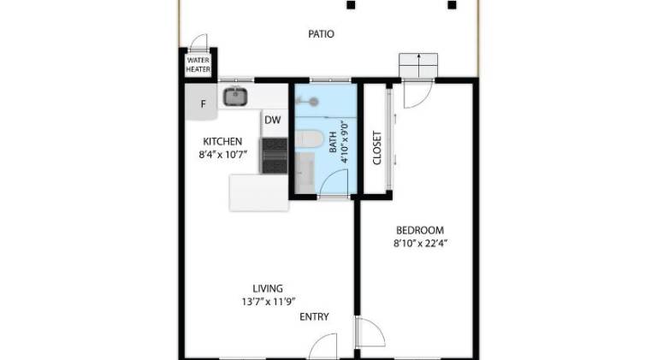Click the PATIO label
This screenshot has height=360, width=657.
(x=321, y=34)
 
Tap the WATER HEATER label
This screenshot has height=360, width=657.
(x=198, y=65)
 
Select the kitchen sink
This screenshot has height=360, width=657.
(x=235, y=97)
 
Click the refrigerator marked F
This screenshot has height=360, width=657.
(x=202, y=102)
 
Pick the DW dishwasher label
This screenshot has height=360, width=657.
(x=272, y=120)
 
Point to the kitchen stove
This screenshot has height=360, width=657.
(x=275, y=156)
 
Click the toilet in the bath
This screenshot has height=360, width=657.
(x=309, y=139)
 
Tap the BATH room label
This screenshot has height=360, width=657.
(x=333, y=142)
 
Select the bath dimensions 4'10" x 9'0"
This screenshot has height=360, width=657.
(x=345, y=142)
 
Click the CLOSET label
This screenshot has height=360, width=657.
(x=377, y=148)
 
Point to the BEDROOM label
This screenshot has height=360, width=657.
(x=420, y=230)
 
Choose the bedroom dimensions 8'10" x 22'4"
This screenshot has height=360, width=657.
(x=420, y=243)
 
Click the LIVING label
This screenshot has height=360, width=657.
(x=268, y=288)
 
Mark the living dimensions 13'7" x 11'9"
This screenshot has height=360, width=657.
(x=269, y=301)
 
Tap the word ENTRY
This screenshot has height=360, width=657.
(x=314, y=317)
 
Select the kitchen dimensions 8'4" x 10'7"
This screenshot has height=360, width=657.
(x=222, y=155)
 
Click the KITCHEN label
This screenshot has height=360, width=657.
(x=222, y=141)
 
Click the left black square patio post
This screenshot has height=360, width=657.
(x=351, y=5)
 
